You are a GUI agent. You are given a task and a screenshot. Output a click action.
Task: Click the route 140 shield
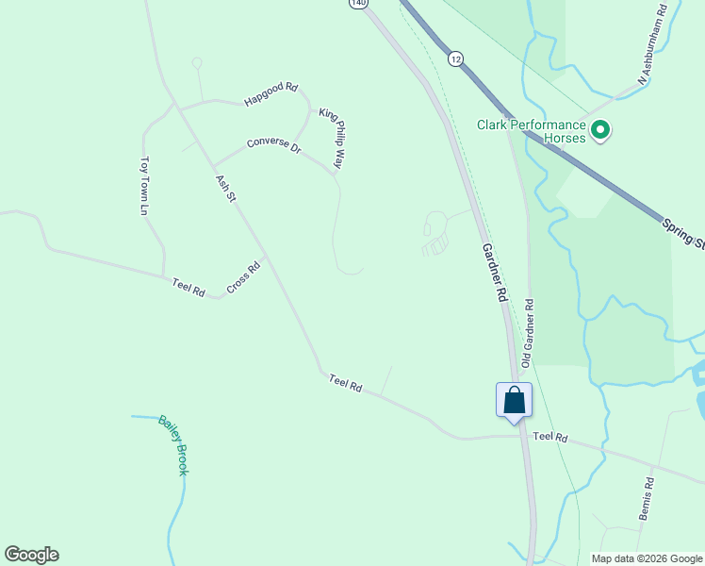coord(357,4)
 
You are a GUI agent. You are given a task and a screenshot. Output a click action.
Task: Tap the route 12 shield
coord(456,58)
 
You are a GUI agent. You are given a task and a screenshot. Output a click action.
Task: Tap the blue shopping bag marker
coord(514,400)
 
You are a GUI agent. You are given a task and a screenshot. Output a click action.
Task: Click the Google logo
coord(31,555)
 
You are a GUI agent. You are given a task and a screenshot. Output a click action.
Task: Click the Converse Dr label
coord(273,146)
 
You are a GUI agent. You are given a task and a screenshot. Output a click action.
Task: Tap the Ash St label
coord(223,188)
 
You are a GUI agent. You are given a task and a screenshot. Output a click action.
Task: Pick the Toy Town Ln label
coord(145,186)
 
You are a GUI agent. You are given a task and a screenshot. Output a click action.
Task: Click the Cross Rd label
coord(242,276)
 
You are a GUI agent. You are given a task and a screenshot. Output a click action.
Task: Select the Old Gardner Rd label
coord(529,332)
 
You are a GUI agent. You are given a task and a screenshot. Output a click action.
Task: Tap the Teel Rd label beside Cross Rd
coord(189,287)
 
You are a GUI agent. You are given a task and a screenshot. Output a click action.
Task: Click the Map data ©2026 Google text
coord(647,558)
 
